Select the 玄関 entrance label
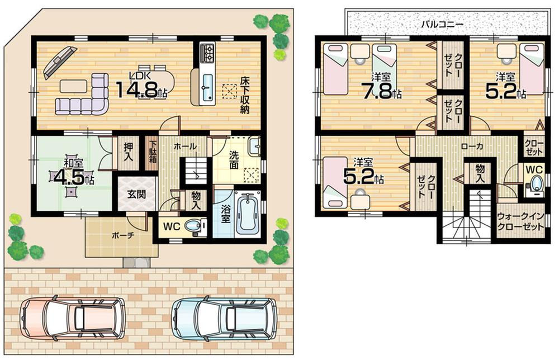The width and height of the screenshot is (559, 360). point(136,194)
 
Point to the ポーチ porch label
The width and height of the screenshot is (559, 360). point(122,235)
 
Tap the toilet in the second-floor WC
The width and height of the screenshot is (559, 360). point(537,183)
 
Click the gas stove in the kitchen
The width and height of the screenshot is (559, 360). point(207,54)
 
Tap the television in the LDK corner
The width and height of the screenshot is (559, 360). point(59,60)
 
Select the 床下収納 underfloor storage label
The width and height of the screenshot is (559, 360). point(245,95)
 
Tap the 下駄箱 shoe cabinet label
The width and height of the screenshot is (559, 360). point(152,150)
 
